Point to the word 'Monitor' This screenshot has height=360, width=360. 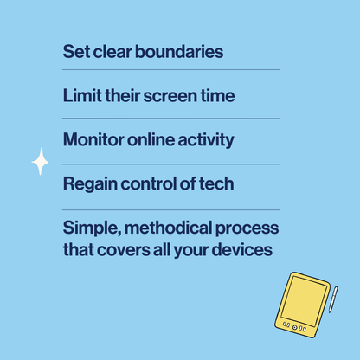94,139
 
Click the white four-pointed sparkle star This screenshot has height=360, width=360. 40,161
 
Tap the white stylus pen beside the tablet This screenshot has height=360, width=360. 332,299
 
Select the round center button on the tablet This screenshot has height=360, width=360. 296,327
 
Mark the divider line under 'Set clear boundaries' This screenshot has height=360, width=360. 171,69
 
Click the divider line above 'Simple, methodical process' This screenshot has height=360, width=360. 171,209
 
